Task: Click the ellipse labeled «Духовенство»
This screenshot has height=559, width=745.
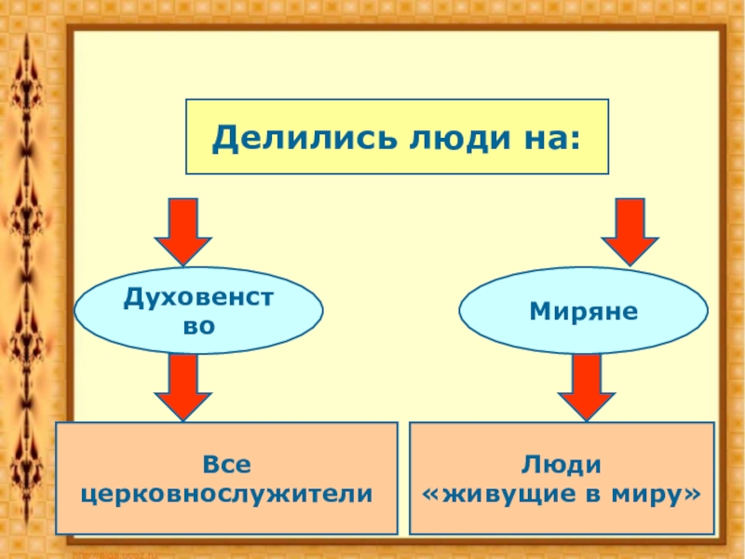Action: [x=199, y=311]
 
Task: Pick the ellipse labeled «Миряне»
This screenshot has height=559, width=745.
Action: [x=584, y=311]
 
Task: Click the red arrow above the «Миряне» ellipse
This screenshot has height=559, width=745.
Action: [x=630, y=232]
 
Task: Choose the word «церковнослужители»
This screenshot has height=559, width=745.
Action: [x=227, y=493]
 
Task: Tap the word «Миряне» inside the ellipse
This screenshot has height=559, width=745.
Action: [x=584, y=311]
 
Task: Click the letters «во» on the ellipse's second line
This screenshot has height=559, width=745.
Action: [x=199, y=327]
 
